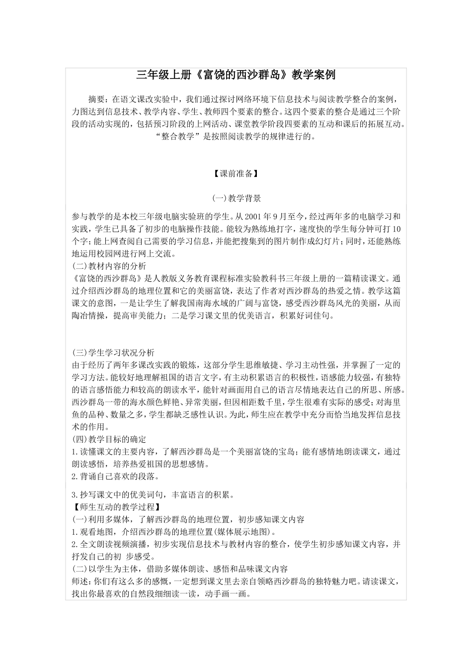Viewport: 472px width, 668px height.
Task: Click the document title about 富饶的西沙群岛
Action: click(236, 76)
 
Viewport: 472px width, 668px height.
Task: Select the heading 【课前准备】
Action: click(236, 173)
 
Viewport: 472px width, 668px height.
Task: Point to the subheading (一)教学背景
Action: click(236, 198)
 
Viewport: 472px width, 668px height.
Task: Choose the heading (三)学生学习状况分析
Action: click(113, 353)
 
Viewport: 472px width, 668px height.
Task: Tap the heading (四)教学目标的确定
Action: click(109, 439)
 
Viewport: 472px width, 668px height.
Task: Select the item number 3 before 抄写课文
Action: click(74, 495)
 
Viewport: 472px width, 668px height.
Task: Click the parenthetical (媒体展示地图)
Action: click(245, 532)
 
